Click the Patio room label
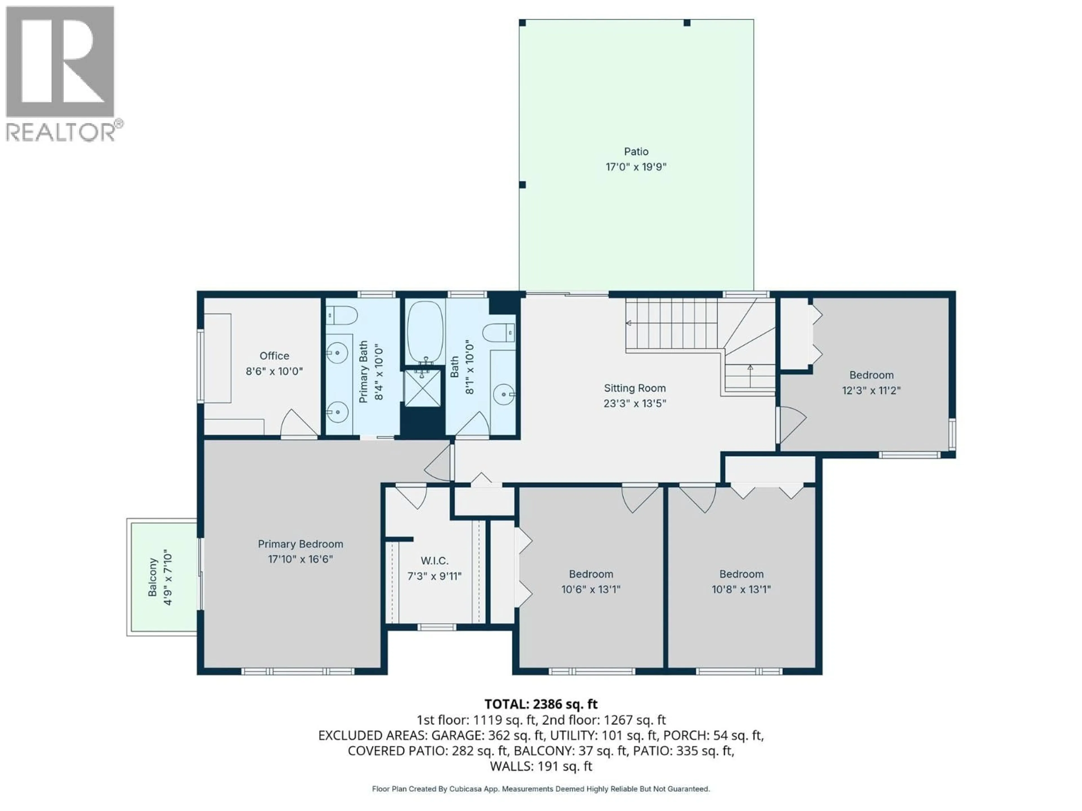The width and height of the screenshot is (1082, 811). [636, 151]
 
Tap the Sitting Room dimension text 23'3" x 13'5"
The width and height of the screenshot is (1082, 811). [635, 403]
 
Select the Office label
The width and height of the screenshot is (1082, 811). [274, 356]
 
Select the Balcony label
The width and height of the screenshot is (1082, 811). [153, 577]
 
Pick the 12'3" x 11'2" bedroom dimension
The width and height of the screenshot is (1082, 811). [871, 390]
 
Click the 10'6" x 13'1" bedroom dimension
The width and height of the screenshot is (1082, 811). [590, 589]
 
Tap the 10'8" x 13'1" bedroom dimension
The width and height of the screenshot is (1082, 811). [741, 589]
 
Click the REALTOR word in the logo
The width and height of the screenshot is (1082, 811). [61, 132]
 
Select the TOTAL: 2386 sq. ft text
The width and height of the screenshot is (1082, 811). [540, 704]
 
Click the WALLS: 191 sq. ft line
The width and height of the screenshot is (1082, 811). [540, 766]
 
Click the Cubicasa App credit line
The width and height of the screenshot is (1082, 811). [540, 788]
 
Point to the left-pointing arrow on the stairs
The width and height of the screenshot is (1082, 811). [629, 323]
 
